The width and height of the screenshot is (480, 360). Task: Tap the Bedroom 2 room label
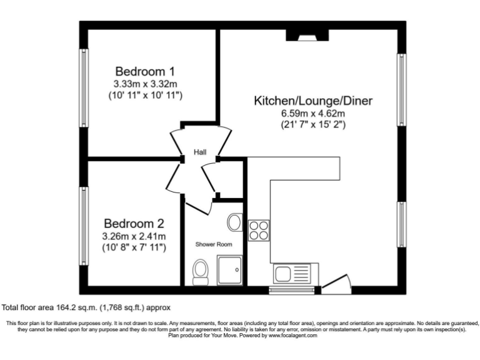tap(134, 223)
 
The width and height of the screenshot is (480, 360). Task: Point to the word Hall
tap(200, 152)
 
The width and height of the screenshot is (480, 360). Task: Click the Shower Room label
tap(214, 244)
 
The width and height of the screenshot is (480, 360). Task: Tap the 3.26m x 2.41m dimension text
tap(134, 236)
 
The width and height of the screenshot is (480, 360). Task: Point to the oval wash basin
tap(235, 221)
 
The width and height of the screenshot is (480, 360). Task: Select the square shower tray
tap(229, 270)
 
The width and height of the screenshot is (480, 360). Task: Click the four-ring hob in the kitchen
tap(259, 230)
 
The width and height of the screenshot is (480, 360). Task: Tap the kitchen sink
tap(289, 273)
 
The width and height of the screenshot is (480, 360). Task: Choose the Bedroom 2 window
tap(82, 226)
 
